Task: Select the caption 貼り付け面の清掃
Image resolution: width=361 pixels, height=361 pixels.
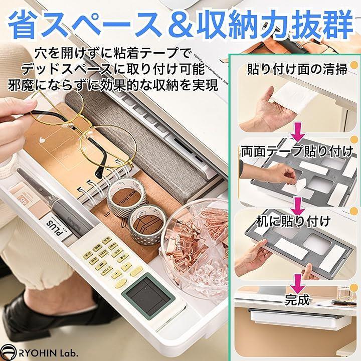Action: coord(297,69)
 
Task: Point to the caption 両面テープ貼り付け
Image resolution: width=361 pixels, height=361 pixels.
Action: coord(297,152)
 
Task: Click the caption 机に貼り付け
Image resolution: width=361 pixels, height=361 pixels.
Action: coord(293,221)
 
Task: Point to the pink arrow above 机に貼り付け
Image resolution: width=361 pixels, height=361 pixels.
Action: coord(297,207)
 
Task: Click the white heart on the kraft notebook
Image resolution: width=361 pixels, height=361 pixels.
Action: coord(41,139)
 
